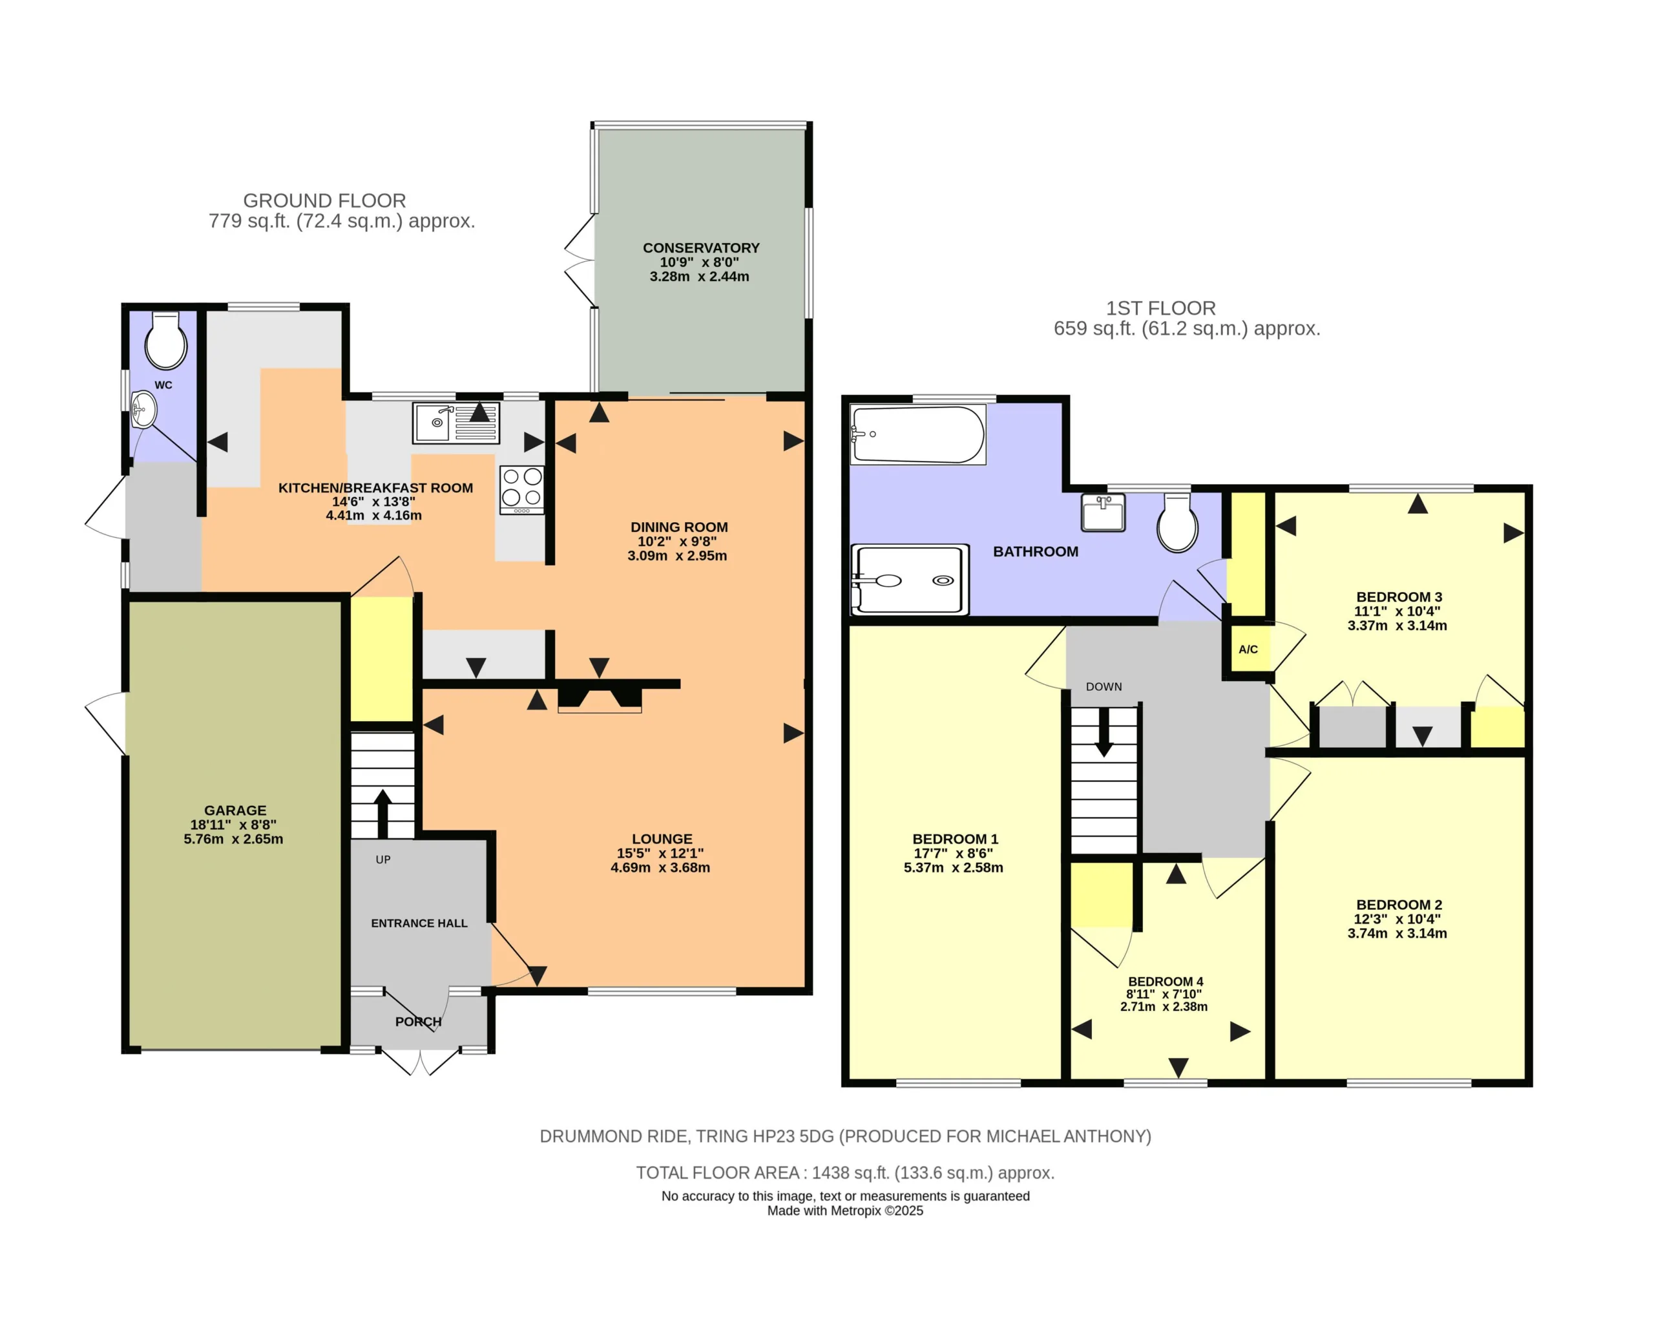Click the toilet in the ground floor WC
click(x=166, y=340)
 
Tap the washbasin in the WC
click(x=143, y=409)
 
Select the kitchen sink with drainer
click(x=455, y=423)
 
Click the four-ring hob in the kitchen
click(x=522, y=490)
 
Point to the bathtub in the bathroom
click(x=917, y=435)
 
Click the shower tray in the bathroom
click(x=910, y=580)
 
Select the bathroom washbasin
click(x=1103, y=512)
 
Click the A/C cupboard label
click(x=1248, y=649)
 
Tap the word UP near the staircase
click(x=383, y=860)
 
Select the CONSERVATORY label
click(x=701, y=248)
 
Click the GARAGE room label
click(x=236, y=810)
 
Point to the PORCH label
click(x=419, y=1022)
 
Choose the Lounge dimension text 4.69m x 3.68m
click(x=660, y=867)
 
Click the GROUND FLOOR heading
click(x=324, y=201)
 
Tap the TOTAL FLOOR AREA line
click(x=844, y=1172)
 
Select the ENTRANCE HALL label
click(x=419, y=923)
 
